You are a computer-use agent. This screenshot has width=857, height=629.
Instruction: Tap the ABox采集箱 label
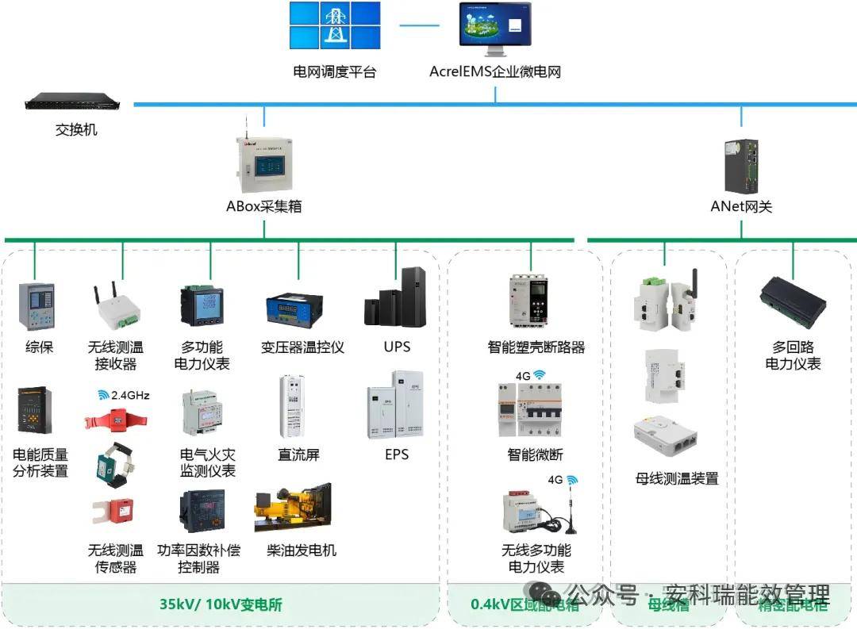pos(263,206)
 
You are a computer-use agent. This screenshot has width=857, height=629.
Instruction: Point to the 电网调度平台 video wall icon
pos(334,26)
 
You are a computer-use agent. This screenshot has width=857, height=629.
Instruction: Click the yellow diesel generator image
pos(292,508)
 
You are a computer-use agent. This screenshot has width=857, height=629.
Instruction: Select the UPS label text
pos(397,347)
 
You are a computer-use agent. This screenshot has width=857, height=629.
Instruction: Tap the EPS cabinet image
pos(395,405)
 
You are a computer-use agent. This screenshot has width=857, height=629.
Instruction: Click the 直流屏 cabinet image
pos(292,406)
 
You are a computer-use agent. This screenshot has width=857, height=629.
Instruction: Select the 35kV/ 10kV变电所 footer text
pos(221,604)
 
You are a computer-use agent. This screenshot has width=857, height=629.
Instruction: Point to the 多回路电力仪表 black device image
pos(792,302)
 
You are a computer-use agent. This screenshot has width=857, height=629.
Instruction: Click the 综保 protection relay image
pos(37,305)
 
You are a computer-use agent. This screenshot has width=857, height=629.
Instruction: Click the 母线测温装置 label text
pos(677,478)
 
